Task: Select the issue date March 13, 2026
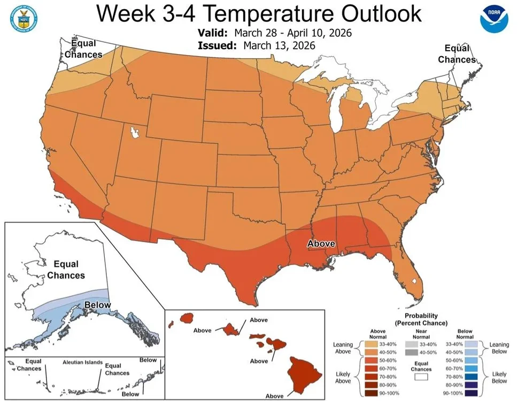pos(279,45)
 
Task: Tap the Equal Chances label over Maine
pos(457,54)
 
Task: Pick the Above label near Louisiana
pos(322,244)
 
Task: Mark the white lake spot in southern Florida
pos(413,281)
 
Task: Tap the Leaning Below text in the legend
pos(499,349)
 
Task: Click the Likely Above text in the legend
pos(342,377)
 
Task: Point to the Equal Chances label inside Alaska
pos(66,270)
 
